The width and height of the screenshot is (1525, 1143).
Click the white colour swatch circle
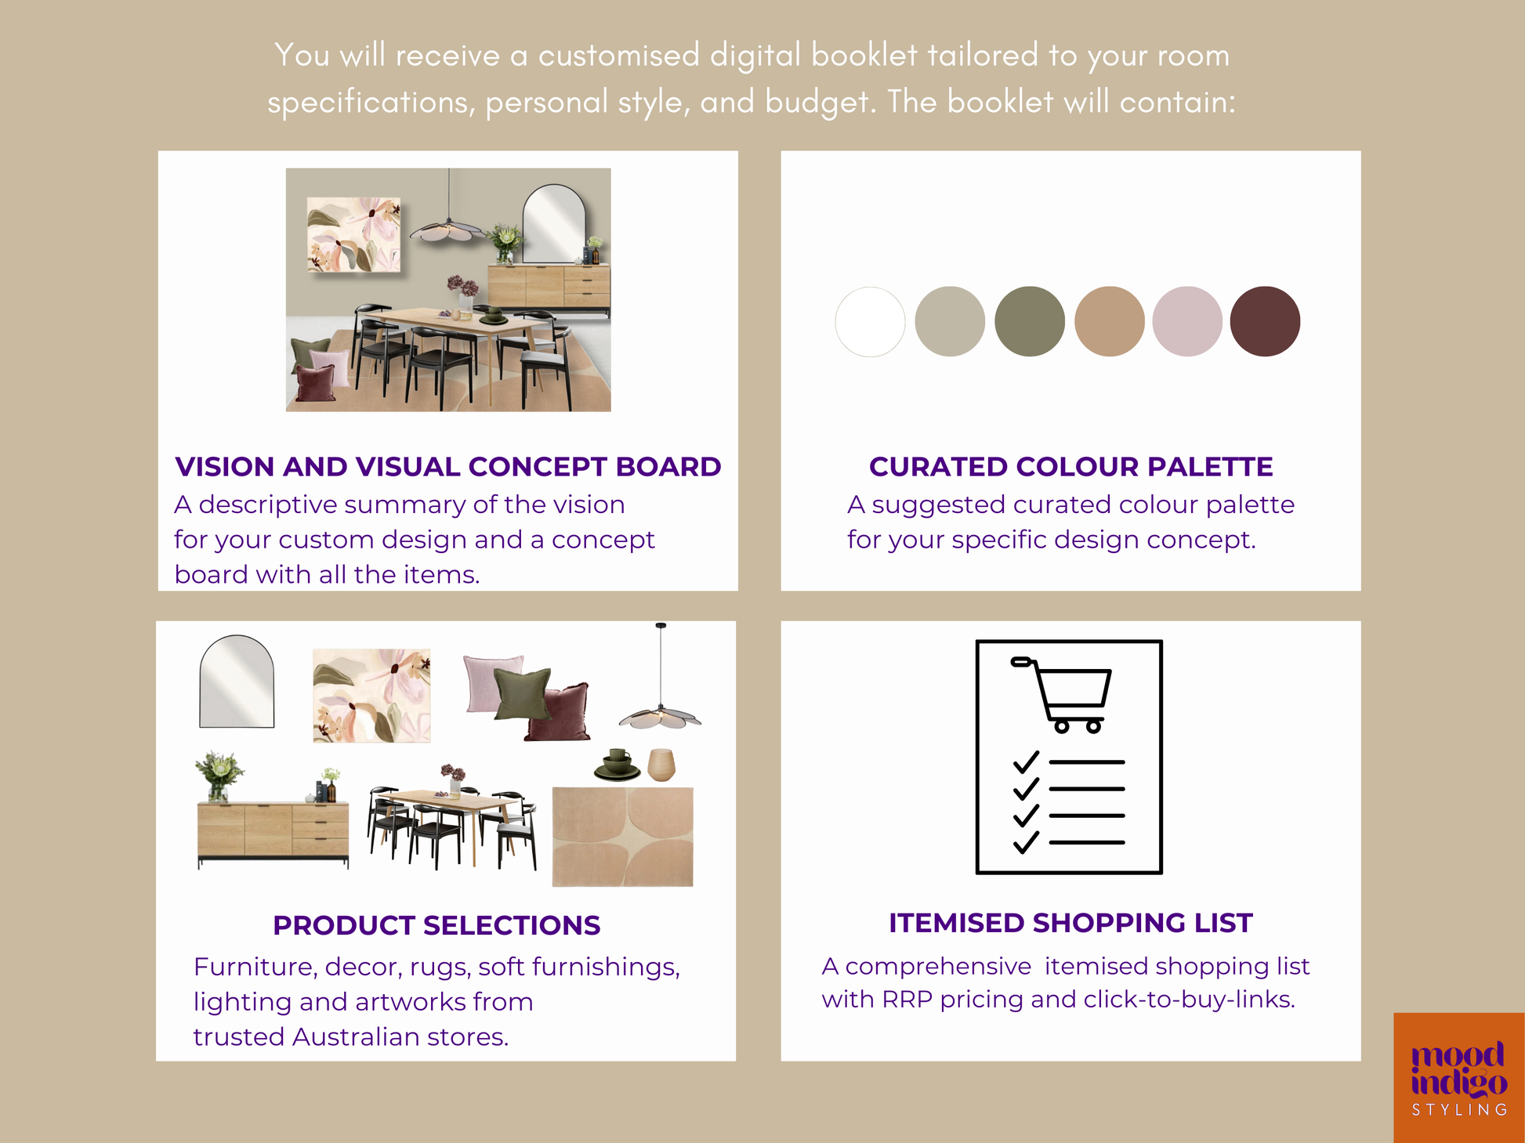870,321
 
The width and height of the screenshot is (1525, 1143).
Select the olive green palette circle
1030,321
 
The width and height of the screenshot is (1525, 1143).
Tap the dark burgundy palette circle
1265,321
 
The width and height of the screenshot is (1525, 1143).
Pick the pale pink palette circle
1187,321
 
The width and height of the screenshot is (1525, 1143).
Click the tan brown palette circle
1109,321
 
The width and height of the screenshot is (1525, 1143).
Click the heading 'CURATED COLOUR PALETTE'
1070,466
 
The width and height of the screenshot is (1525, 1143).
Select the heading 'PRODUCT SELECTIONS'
436,925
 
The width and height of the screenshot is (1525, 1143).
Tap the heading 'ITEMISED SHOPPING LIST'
1070,923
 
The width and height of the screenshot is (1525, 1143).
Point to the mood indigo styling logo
1458,1077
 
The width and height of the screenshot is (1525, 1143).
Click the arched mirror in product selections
237,681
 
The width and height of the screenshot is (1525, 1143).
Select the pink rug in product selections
622,837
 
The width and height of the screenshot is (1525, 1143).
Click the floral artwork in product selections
371,696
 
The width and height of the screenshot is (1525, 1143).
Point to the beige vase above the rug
661,765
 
